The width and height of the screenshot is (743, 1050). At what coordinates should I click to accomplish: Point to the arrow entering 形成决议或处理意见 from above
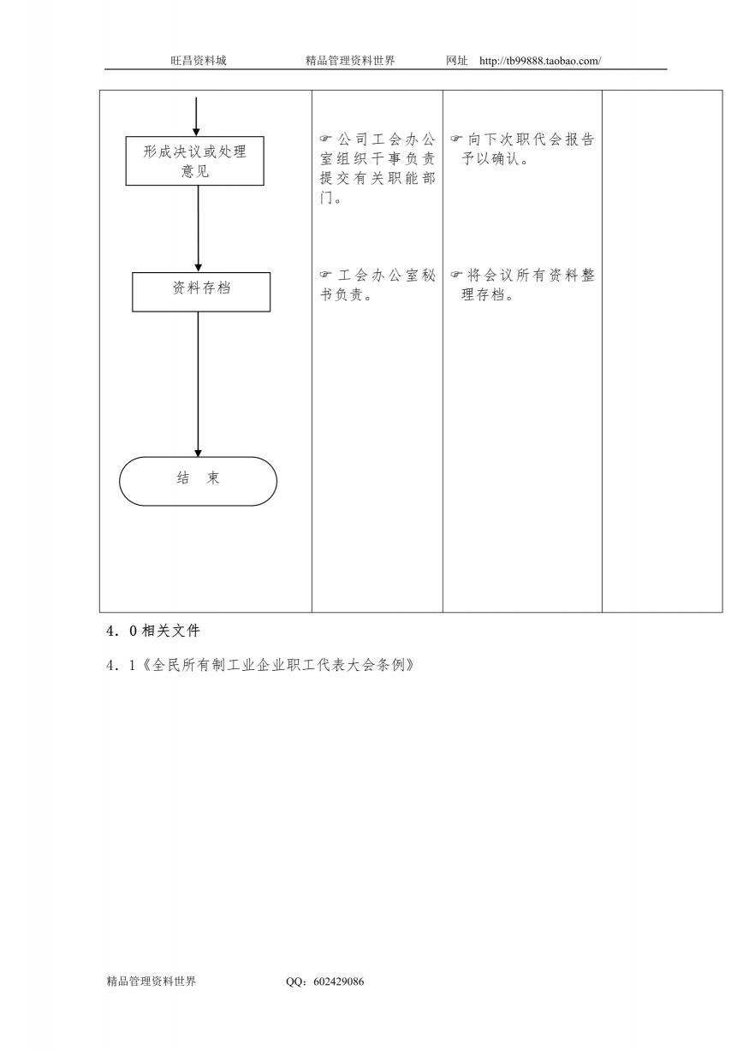[196, 116]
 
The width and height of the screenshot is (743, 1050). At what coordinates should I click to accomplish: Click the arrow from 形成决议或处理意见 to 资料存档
[198, 228]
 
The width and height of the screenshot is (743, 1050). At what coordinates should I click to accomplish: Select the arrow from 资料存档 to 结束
[198, 384]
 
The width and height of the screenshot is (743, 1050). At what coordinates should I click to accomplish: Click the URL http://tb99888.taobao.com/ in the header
[540, 61]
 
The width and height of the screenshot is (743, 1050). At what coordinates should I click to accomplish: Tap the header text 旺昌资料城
[199, 61]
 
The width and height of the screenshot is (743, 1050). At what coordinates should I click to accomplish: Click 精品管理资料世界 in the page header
[350, 61]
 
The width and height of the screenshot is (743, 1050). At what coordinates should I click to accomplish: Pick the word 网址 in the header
[456, 61]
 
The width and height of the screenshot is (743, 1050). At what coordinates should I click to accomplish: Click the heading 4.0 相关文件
[153, 631]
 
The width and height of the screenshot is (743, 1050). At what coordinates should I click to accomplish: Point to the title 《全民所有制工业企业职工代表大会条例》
[278, 665]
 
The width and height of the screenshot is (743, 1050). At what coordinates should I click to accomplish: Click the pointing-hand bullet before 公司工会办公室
[325, 139]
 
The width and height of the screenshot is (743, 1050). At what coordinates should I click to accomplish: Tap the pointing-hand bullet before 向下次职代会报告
[455, 139]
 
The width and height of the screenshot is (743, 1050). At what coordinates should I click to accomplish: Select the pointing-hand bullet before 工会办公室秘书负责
[325, 274]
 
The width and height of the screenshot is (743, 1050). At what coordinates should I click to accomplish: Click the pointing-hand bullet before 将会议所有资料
[455, 274]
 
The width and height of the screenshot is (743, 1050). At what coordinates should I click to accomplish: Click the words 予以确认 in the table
[490, 158]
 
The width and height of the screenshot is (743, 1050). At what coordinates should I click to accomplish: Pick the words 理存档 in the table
[483, 294]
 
